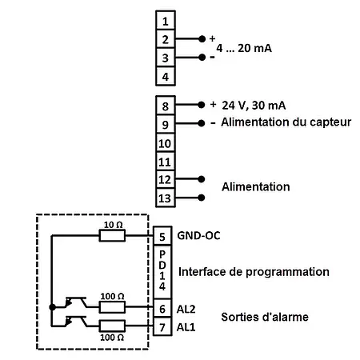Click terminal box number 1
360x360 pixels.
[x=165, y=20]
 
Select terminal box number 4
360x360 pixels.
[x=165, y=77]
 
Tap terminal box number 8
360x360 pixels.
[x=165, y=106]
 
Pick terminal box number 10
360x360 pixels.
[x=165, y=142]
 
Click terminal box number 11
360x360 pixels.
[x=165, y=161]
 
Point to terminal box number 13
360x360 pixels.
[x=165, y=198]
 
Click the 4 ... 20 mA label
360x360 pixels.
[x=244, y=48]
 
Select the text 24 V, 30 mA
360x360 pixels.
[x=258, y=106]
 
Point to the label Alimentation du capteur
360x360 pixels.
[x=278, y=123]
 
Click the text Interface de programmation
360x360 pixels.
[x=254, y=272]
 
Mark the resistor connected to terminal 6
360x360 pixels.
[x=112, y=307]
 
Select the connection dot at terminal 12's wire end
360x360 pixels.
[x=202, y=179]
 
